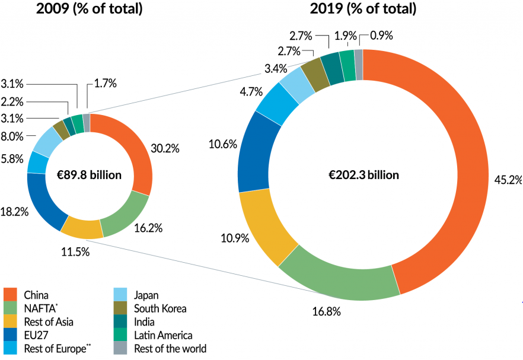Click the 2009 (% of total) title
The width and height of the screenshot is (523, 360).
point(89,9)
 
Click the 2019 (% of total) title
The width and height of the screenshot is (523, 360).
point(363,9)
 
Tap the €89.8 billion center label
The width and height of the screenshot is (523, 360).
point(90,175)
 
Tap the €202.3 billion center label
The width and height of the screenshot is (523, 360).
point(364,175)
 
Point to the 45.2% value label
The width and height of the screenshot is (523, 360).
point(508,180)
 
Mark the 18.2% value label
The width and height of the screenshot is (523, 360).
point(14,211)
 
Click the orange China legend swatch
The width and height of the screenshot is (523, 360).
point(11,295)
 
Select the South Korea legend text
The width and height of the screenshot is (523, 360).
point(160,308)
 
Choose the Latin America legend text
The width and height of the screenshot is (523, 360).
point(164,336)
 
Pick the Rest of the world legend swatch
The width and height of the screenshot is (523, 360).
point(122,349)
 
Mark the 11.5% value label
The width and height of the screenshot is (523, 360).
point(75,251)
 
